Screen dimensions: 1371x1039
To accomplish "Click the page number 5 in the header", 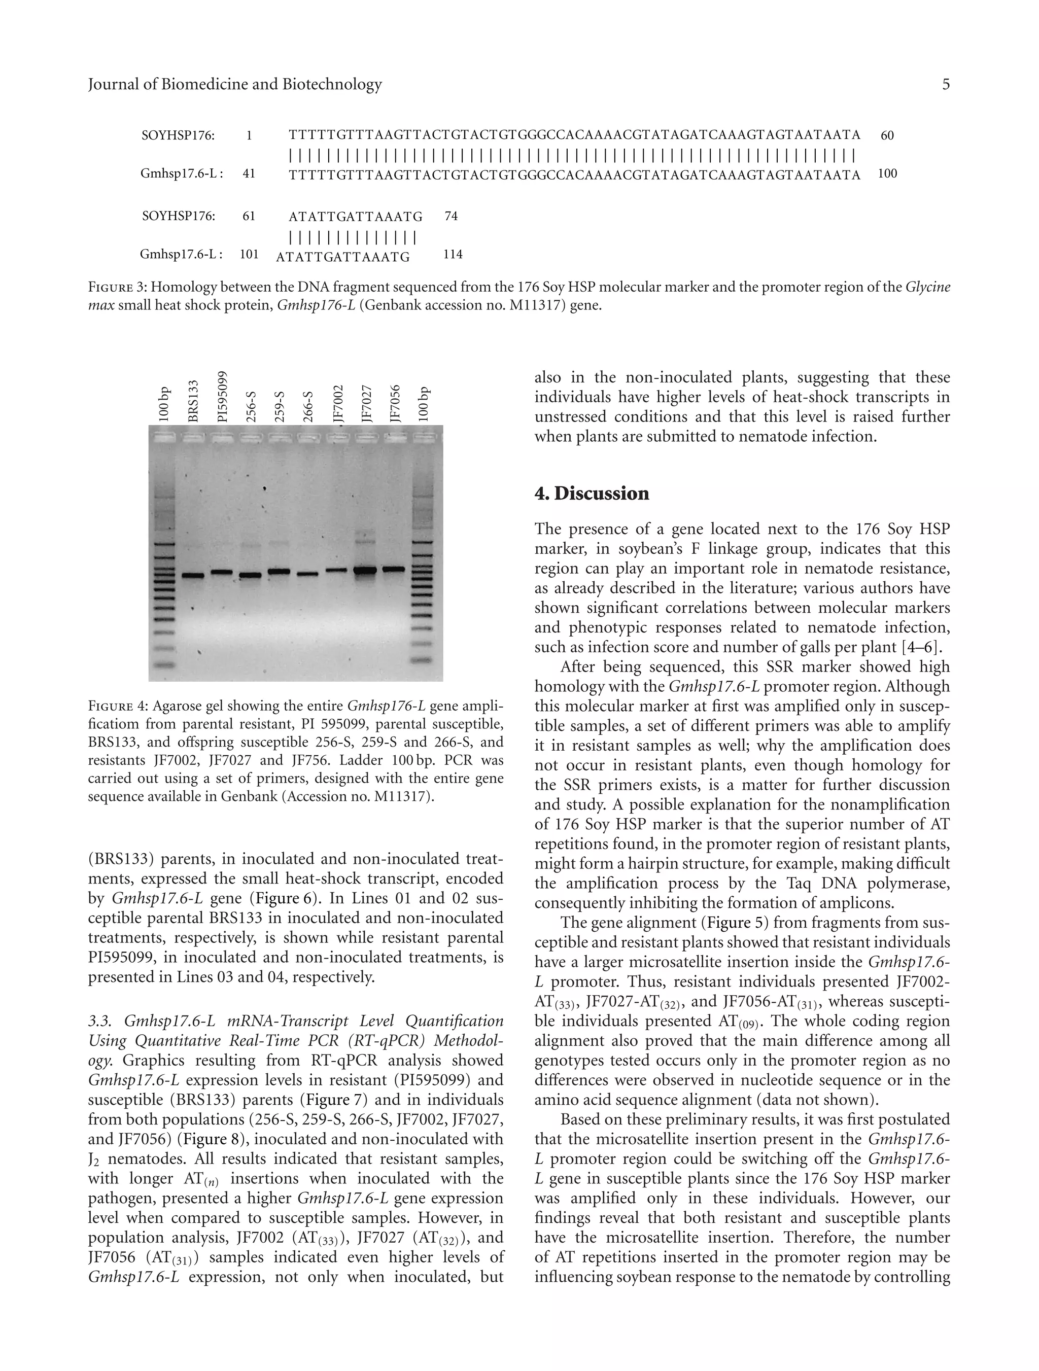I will [x=945, y=85].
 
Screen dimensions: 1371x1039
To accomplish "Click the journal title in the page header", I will [x=235, y=85].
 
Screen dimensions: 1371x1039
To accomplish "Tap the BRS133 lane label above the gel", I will [x=193, y=401].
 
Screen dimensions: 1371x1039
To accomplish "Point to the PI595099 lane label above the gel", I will [x=222, y=397].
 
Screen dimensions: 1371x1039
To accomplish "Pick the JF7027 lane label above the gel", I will [x=366, y=404].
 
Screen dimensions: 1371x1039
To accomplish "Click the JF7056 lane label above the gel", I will [x=394, y=404].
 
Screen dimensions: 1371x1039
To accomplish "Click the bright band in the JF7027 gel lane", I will [x=366, y=570].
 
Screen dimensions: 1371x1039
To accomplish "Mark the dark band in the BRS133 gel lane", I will [x=193, y=575].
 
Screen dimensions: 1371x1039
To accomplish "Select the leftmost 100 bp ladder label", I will [x=164, y=405].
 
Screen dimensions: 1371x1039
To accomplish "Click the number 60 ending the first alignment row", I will [x=887, y=135].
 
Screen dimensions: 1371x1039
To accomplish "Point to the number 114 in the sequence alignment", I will [x=453, y=255].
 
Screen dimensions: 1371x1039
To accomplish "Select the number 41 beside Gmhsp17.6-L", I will [x=249, y=174].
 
